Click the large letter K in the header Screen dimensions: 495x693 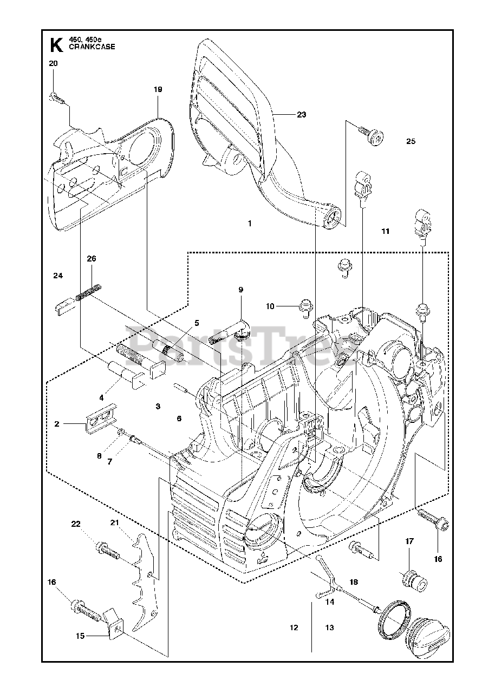[56, 45]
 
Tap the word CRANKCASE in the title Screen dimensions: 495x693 [92, 47]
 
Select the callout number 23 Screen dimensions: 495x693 [301, 115]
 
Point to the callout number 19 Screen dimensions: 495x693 [158, 89]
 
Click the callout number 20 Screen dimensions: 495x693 [53, 63]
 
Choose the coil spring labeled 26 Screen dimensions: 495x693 [88, 292]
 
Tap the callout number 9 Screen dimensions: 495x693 [240, 290]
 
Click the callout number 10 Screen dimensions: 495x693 [270, 306]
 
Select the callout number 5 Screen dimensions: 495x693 [197, 323]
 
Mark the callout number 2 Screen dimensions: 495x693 [57, 424]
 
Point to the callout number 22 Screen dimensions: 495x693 [76, 524]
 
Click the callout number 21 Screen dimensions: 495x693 [114, 522]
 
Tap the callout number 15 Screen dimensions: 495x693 [80, 636]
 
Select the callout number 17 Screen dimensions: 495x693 [409, 541]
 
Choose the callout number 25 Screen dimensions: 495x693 [411, 141]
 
